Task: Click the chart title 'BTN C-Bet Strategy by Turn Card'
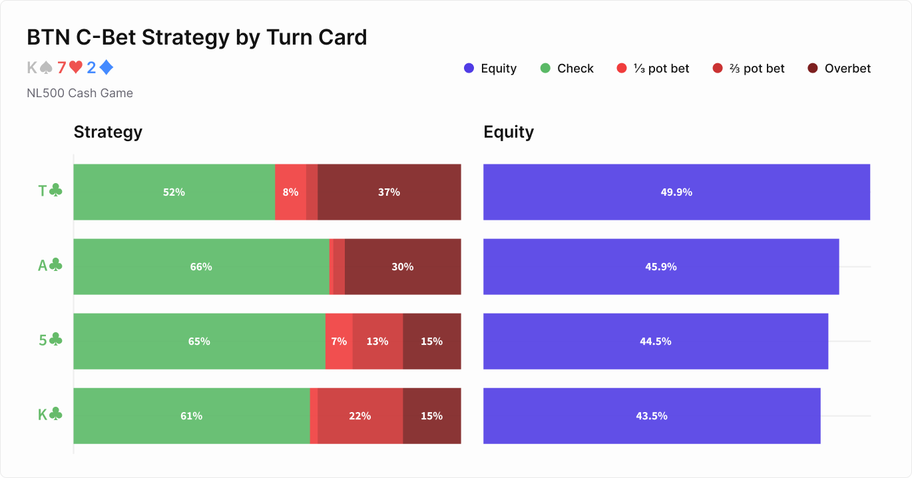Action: pyautogui.click(x=196, y=37)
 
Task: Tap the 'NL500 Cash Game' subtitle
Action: pyautogui.click(x=80, y=93)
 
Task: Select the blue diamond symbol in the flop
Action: pyautogui.click(x=107, y=68)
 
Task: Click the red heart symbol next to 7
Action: pyautogui.click(x=76, y=68)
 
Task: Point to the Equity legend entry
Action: pyautogui.click(x=491, y=69)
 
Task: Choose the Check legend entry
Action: pyautogui.click(x=567, y=69)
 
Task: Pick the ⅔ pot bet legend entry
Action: pyautogui.click(x=749, y=69)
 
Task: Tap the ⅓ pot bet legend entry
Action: pyautogui.click(x=653, y=69)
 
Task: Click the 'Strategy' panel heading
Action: pyautogui.click(x=108, y=132)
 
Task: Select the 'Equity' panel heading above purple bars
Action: pyautogui.click(x=509, y=132)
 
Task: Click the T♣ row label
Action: pyautogui.click(x=50, y=192)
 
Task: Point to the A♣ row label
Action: pyautogui.click(x=50, y=266)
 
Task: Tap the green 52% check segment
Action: pyautogui.click(x=174, y=192)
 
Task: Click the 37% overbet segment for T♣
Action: pyautogui.click(x=389, y=192)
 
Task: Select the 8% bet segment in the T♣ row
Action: pyautogui.click(x=290, y=192)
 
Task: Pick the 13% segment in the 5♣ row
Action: pyautogui.click(x=377, y=341)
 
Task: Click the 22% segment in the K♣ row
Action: pyautogui.click(x=360, y=415)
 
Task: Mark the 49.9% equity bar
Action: pyautogui.click(x=676, y=192)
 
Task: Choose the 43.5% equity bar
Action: pyautogui.click(x=652, y=415)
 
